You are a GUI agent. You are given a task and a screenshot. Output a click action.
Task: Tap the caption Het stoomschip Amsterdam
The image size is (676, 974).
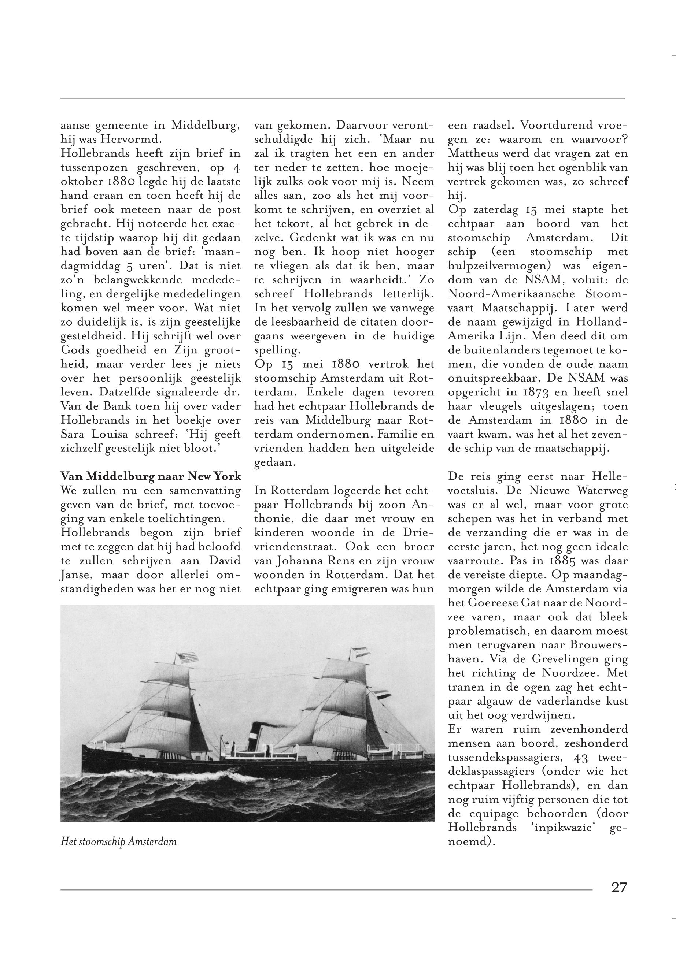(x=119, y=841)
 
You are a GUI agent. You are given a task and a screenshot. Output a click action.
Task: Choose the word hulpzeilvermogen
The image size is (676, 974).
(x=499, y=266)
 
